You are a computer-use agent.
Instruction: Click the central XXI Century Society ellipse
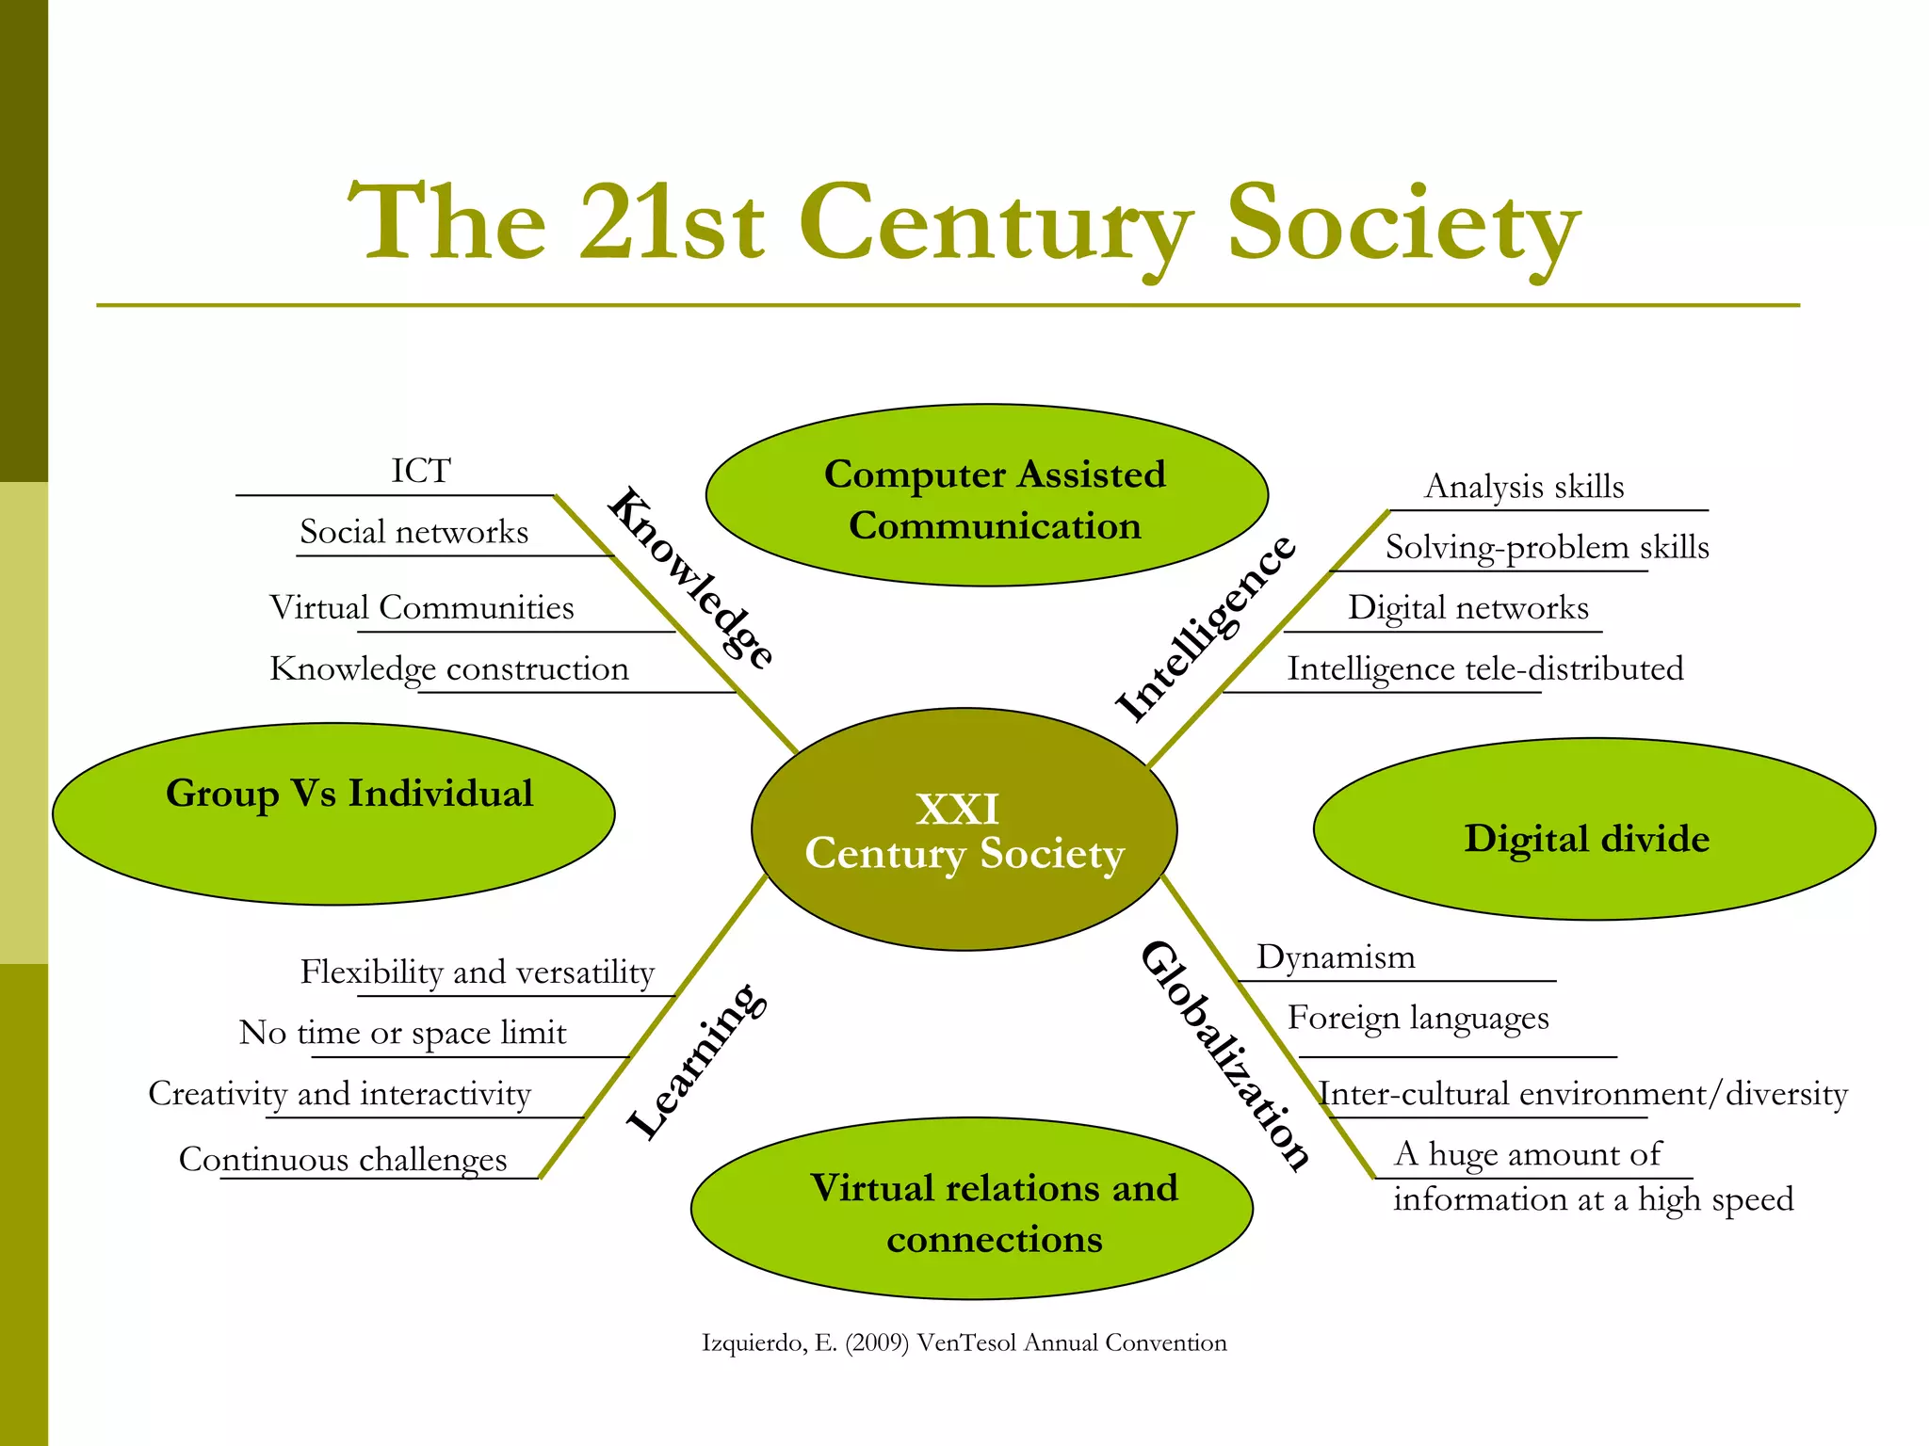(x=964, y=829)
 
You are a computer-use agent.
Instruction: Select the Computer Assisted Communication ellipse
(x=987, y=496)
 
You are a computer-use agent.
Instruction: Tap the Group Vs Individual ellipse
(x=333, y=814)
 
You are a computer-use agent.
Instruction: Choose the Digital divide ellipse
(x=1594, y=829)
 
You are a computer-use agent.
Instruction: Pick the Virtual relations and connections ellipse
(x=972, y=1209)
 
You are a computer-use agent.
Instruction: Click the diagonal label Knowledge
(x=691, y=577)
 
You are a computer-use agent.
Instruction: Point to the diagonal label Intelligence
(x=1206, y=629)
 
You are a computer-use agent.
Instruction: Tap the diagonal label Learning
(x=697, y=1060)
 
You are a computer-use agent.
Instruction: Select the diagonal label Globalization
(x=1224, y=1056)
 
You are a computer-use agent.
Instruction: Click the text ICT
(x=421, y=471)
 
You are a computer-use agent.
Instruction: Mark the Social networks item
(x=413, y=532)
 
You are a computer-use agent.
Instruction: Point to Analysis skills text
(x=1524, y=487)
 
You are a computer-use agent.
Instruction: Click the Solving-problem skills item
(x=1547, y=548)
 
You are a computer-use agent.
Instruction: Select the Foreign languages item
(x=1418, y=1019)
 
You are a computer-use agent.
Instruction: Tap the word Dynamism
(x=1336, y=957)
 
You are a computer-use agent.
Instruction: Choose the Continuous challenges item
(x=343, y=1160)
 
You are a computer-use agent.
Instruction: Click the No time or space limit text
(x=403, y=1034)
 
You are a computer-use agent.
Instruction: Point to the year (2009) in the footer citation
(x=877, y=1343)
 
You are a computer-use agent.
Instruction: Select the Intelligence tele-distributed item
(x=1485, y=669)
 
